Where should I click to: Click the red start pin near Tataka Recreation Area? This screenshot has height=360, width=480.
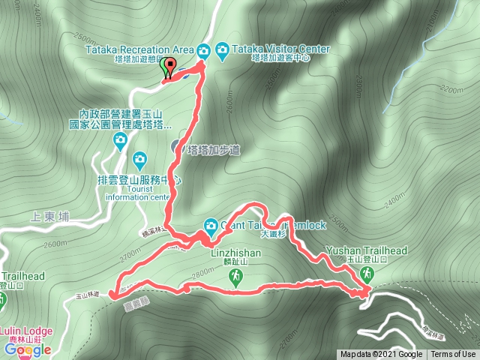(x=169, y=67)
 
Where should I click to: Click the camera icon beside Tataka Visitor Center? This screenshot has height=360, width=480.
(x=222, y=50)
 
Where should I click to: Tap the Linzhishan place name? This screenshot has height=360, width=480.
(x=235, y=253)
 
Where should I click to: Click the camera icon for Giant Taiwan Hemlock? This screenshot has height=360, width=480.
(x=211, y=225)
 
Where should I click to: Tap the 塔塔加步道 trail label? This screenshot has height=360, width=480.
(x=214, y=149)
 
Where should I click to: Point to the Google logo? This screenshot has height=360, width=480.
(x=27, y=349)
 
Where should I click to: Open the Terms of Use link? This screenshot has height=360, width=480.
(x=454, y=355)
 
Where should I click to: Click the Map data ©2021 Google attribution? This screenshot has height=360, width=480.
(x=380, y=355)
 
